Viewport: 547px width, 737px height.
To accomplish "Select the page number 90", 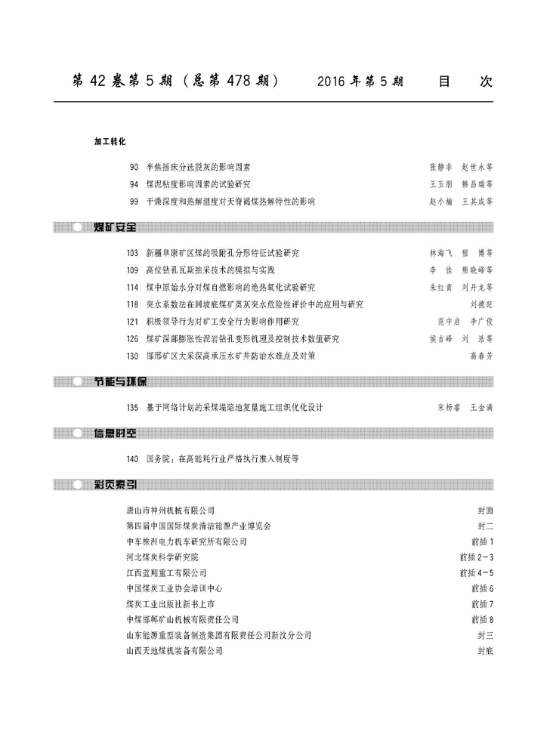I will (134, 165).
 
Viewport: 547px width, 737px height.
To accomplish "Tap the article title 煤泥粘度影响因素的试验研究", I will (199, 183).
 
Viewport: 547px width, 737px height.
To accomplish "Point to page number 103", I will (132, 252).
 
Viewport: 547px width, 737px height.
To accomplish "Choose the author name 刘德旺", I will (481, 304).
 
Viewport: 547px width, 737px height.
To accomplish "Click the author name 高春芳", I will (481, 356).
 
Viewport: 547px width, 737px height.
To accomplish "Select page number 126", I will (132, 338).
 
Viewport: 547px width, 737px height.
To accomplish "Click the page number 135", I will (132, 408).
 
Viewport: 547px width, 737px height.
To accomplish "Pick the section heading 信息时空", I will (115, 433).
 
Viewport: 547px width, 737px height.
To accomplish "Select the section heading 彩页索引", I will (115, 485).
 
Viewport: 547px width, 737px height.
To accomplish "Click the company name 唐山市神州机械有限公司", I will (170, 510).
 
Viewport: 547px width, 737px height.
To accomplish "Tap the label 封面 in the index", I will (485, 510).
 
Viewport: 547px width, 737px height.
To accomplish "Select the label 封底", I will (485, 650).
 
